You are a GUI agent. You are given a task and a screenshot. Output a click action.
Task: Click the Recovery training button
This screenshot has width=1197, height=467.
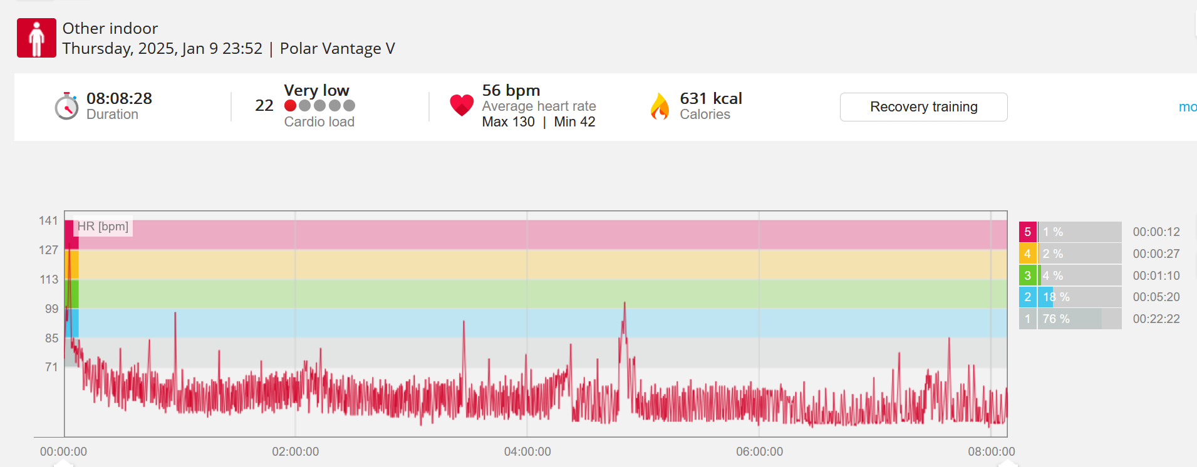point(923,107)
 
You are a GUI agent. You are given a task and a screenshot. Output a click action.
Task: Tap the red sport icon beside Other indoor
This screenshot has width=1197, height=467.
point(36,38)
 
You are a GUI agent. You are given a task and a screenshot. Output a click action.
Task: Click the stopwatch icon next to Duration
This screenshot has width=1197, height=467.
point(66,106)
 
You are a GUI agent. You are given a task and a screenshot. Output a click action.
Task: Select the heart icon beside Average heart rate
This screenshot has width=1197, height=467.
point(462,105)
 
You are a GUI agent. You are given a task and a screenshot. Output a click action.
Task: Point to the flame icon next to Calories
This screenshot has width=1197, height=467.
point(660,106)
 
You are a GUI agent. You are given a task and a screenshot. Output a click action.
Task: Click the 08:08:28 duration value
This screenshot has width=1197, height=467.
point(119,98)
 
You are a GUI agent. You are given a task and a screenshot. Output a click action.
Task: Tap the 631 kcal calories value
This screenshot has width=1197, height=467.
point(711,98)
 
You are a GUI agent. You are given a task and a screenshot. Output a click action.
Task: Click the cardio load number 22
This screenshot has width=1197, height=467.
point(264,105)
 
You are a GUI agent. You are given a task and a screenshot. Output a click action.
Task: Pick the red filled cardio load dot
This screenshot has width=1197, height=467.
point(290,105)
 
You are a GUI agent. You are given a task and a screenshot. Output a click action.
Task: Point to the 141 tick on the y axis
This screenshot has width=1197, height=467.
point(48,220)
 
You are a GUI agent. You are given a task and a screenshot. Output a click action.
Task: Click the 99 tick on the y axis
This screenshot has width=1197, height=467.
point(51,309)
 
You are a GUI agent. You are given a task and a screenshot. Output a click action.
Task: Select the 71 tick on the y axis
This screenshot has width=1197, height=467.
point(51,367)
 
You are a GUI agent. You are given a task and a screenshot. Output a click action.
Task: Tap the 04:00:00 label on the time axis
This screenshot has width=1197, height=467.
point(527,451)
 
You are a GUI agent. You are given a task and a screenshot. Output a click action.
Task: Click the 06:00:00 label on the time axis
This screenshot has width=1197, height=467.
point(759,451)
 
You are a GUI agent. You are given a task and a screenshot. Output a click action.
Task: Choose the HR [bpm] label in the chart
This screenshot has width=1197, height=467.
point(103,226)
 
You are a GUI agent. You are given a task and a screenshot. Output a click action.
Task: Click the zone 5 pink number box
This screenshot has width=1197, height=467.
point(1027,232)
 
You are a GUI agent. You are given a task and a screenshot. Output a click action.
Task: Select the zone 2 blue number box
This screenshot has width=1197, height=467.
point(1027,297)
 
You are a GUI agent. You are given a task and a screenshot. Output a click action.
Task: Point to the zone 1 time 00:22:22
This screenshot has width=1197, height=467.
point(1156,319)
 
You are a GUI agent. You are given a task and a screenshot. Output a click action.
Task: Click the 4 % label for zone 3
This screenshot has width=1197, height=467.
point(1053,275)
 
